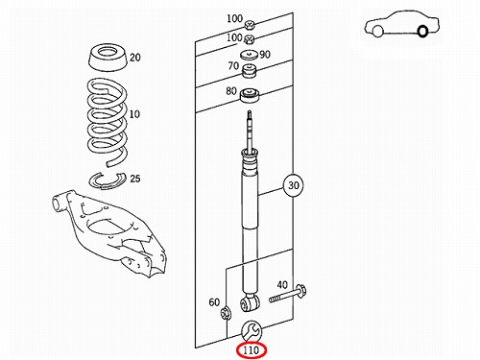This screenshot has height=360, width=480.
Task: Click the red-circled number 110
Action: [251, 350]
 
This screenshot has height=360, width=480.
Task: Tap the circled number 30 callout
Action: [293, 185]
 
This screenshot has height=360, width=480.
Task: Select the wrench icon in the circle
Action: [252, 331]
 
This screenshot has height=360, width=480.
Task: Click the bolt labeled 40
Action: [288, 294]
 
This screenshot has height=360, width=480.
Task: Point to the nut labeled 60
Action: [227, 312]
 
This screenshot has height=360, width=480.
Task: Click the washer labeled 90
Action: [249, 55]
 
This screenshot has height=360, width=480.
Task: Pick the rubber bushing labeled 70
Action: [249, 71]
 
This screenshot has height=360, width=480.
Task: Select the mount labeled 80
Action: [250, 96]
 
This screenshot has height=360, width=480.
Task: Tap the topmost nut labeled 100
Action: [250, 24]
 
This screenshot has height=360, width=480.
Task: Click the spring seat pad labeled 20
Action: [108, 58]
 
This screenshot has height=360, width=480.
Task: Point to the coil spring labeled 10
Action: [108, 122]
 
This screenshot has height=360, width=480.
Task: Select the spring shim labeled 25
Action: [108, 180]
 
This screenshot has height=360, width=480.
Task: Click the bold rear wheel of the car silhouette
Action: [422, 32]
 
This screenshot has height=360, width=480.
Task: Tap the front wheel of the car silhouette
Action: [378, 31]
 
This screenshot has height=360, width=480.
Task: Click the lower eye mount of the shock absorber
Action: [250, 302]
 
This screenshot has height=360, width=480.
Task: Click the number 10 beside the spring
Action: [134, 114]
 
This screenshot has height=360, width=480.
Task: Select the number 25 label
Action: [135, 179]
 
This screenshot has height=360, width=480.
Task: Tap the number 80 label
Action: [231, 91]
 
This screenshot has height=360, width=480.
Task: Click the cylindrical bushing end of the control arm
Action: [57, 204]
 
